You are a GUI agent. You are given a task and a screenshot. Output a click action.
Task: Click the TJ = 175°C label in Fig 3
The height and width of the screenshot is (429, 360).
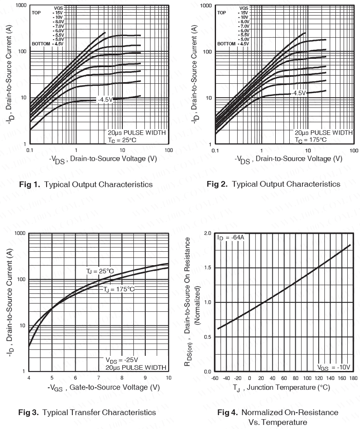[x=119, y=289]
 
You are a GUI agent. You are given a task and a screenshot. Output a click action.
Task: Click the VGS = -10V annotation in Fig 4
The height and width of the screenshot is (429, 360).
[x=335, y=367]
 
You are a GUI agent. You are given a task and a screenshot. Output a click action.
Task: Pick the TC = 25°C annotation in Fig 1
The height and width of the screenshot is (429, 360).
[x=122, y=140]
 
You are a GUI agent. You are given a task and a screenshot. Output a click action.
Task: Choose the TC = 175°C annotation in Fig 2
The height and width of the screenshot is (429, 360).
[x=310, y=140]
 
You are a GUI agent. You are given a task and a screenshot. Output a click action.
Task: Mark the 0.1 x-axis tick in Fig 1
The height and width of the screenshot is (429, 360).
[x=30, y=150]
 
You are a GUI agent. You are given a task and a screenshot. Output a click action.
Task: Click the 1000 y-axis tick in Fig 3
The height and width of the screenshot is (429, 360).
[x=20, y=233]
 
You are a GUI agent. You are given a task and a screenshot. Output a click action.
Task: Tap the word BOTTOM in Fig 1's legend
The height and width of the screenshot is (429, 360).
[x=41, y=43]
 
